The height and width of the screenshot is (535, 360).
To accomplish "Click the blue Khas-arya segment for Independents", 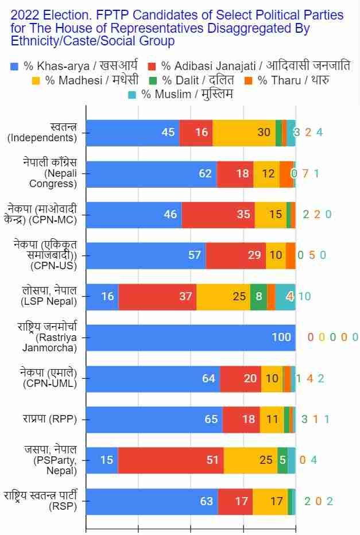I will click(133, 133).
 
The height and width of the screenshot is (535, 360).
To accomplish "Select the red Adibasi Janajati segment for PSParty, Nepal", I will click(171, 460).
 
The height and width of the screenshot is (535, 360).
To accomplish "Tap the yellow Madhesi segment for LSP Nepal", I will click(223, 296).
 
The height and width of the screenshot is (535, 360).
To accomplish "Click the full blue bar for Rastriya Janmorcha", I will click(191, 337).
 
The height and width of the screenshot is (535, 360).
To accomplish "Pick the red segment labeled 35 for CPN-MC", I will click(218, 214).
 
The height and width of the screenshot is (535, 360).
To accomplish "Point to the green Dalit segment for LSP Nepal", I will click(258, 296).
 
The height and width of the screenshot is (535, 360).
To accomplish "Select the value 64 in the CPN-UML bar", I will click(208, 378).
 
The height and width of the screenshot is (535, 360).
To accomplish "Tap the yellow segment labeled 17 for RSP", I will click(270, 501).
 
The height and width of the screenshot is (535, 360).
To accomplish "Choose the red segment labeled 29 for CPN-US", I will click(235, 255).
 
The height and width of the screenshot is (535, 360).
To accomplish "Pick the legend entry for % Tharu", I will click(287, 80).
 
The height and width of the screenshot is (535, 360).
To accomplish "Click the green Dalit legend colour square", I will click(153, 80).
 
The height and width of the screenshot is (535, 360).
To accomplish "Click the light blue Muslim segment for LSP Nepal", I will click(285, 296).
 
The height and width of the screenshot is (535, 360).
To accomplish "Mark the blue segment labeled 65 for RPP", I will click(154, 419).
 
